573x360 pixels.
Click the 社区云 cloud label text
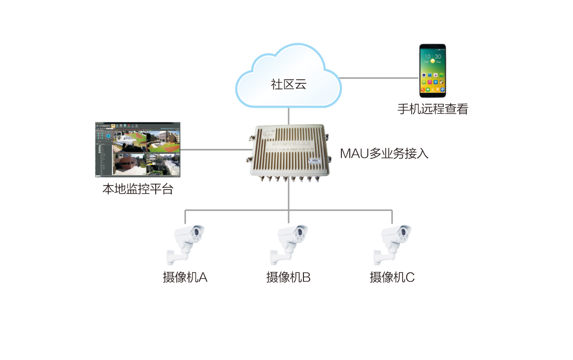tap(288, 84)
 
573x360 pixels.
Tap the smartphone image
tap(432, 71)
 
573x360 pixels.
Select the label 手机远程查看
tap(433, 109)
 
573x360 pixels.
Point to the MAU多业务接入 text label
tap(384, 154)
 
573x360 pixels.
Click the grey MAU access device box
tap(288, 153)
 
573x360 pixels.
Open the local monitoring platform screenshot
tap(138, 150)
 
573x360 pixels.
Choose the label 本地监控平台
tap(138, 190)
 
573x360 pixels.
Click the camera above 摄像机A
tap(187, 242)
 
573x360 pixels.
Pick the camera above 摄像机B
tap(290, 242)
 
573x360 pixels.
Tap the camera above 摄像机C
tap(394, 242)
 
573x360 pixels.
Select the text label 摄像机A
tap(185, 277)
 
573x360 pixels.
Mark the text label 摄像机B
tap(289, 277)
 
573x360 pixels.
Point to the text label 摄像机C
tap(392, 277)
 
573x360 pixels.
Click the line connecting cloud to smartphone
tap(378, 78)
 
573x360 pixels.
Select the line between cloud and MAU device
tap(289, 115)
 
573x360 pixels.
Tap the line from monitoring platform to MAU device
tap(214, 150)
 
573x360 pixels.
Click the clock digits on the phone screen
tap(433, 56)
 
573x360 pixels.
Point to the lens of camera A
tap(198, 231)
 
